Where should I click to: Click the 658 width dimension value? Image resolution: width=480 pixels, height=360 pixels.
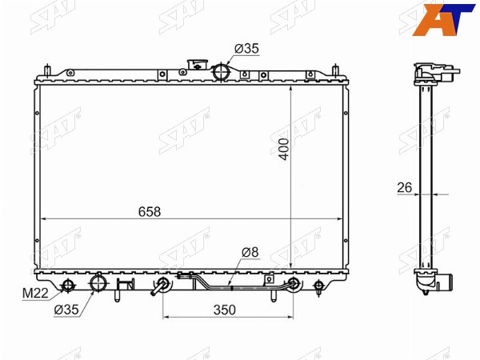click(150, 211)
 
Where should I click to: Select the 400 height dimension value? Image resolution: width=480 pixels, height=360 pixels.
click(284, 149)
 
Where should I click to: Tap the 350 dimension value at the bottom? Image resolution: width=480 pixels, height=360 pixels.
click(225, 310)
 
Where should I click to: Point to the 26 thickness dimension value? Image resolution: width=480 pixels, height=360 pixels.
click(404, 188)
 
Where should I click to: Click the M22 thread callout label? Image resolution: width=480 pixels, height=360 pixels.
click(35, 294)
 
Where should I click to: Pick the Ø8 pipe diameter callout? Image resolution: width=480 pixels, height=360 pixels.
click(250, 252)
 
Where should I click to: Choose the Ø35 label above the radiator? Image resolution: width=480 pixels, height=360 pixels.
click(246, 48)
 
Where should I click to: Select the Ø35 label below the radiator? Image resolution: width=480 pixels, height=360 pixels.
click(66, 310)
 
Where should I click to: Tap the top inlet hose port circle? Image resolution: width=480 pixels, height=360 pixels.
click(221, 72)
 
